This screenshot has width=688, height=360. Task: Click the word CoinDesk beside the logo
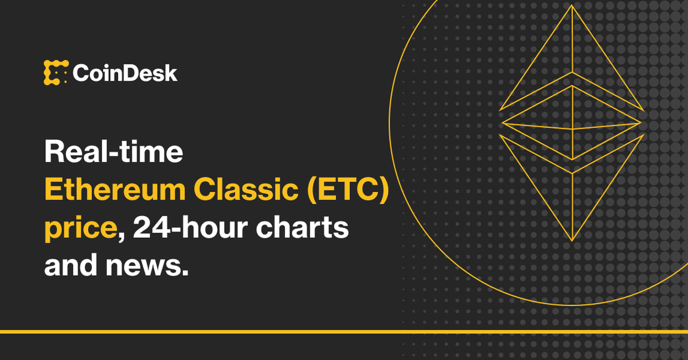point(125,73)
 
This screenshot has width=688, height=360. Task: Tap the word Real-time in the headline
point(114,154)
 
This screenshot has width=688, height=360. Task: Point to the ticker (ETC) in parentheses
point(349,191)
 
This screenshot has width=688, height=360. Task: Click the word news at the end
point(144,266)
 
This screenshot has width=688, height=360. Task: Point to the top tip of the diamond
point(572,7)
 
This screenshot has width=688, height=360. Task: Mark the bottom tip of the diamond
point(572,240)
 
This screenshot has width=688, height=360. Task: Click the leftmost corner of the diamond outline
point(500,122)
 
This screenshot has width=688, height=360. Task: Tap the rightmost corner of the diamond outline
point(642,122)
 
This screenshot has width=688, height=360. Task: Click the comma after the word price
point(121,237)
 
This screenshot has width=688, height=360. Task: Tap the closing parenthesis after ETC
point(383,191)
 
